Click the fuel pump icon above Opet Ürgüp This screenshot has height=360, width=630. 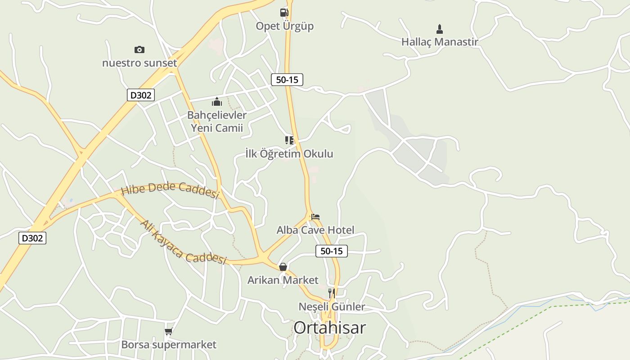pos(284,13)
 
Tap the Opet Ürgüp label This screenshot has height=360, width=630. pos(284,26)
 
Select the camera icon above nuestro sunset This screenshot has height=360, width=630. pos(139,49)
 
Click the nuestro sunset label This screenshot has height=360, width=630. pos(139,63)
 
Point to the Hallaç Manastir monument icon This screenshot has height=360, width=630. pos(440,29)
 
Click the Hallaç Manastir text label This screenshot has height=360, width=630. pos(440,42)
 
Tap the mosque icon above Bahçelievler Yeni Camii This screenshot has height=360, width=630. pos(217,102)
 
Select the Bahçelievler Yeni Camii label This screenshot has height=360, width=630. pos(217,121)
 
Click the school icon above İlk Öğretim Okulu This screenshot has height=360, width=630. pos(289,140)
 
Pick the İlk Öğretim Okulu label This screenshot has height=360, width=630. pos(289,154)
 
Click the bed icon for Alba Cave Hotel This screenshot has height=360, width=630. pos(315,217)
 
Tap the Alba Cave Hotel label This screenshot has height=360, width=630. pos(315,230)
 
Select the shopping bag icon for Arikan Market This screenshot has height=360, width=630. pos(283,267)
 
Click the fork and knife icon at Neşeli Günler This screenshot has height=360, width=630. pos(332,293)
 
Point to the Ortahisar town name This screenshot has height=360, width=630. pos(330,328)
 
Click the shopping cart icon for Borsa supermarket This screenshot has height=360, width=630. pos(168,332)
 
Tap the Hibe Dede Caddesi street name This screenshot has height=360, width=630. pos(170,190)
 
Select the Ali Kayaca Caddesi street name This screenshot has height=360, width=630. pos(182,243)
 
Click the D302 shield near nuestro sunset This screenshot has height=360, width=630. pos(141,95)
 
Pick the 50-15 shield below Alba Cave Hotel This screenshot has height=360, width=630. pos(332,251)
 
